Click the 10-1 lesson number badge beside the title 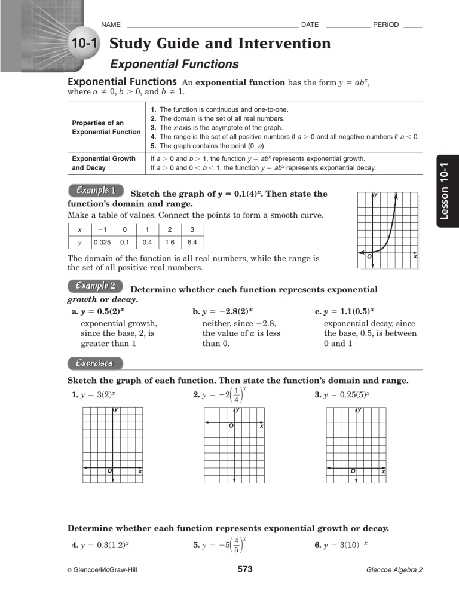pyautogui.click(x=83, y=44)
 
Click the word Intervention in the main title pyautogui.click(x=278, y=44)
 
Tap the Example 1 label pyautogui.click(x=96, y=191)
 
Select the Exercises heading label pyautogui.click(x=96, y=363)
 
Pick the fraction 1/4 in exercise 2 pyautogui.click(x=237, y=395)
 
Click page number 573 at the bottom pyautogui.click(x=245, y=569)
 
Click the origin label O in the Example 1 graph pyautogui.click(x=369, y=256)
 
